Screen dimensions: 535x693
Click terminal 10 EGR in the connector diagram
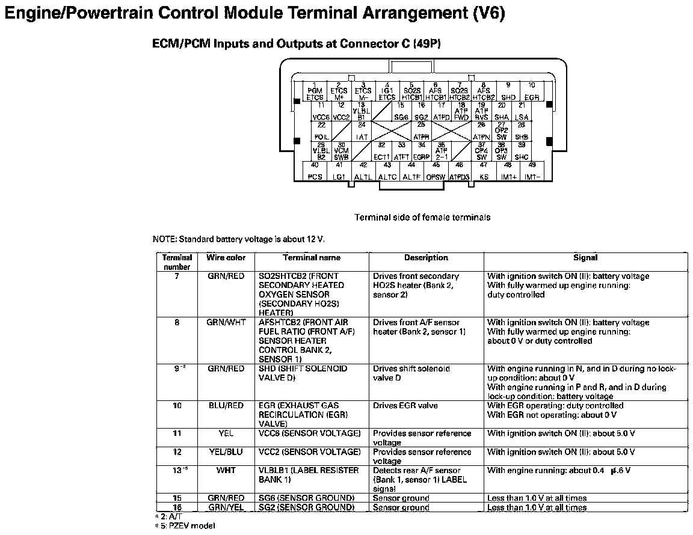[532, 92]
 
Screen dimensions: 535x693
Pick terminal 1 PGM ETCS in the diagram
[315, 92]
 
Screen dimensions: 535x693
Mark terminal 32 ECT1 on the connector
[381, 151]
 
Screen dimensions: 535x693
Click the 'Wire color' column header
[226, 258]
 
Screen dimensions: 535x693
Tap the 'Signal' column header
[585, 258]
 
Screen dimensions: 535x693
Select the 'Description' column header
[426, 258]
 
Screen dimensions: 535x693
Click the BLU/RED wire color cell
[226, 406]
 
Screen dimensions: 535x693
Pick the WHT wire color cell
[226, 471]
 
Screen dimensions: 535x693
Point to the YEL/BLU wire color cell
[226, 452]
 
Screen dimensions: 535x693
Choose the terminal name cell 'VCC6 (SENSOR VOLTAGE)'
[310, 433]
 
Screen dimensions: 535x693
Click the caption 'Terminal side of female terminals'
[422, 218]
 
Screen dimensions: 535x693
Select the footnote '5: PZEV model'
[186, 526]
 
